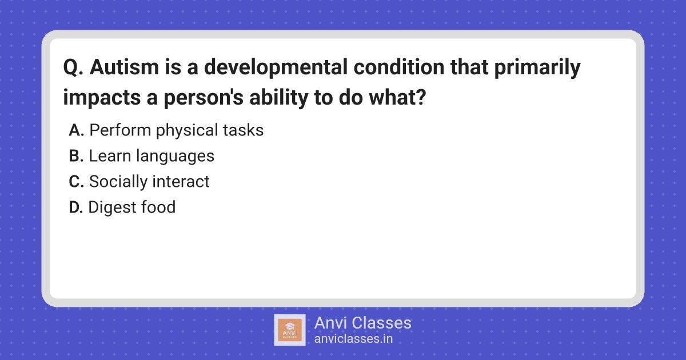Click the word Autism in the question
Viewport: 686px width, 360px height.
tap(125, 67)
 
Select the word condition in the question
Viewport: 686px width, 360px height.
tap(399, 67)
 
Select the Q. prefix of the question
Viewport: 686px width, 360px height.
tap(73, 67)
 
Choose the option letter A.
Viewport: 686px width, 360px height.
tap(77, 130)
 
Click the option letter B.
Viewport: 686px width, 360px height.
tap(76, 156)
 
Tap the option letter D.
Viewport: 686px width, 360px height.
tap(76, 207)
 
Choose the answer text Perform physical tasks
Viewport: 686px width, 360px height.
tap(177, 130)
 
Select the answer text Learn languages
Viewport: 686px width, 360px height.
tap(151, 157)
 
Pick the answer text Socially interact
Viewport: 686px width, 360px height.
tap(149, 182)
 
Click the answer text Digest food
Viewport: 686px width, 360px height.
tap(132, 207)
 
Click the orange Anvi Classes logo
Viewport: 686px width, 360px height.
tap(290, 330)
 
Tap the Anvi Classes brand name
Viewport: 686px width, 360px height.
tap(363, 323)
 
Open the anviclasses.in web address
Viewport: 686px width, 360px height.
tap(354, 339)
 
